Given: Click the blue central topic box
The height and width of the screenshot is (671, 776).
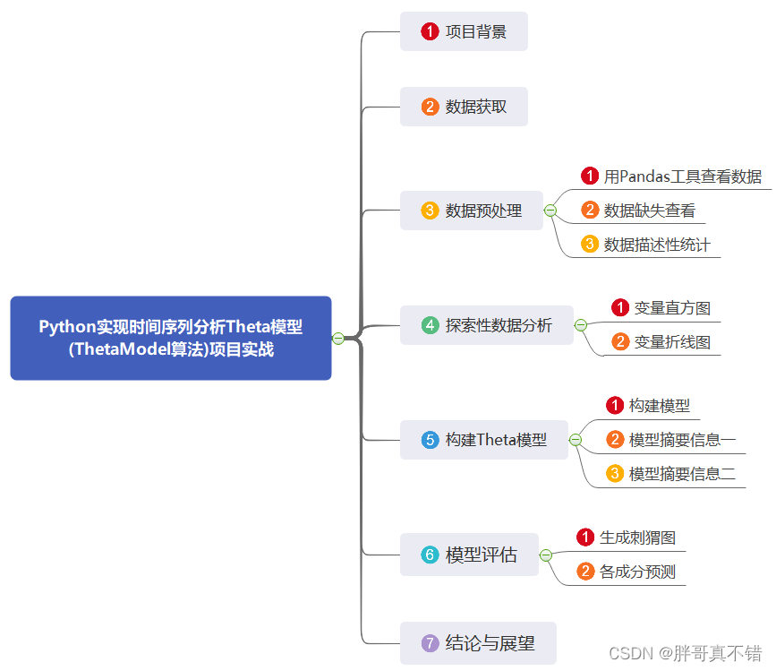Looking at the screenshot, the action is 170,338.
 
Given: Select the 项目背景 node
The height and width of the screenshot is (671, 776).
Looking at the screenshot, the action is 464,31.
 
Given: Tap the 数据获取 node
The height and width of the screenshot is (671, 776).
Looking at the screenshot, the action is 464,107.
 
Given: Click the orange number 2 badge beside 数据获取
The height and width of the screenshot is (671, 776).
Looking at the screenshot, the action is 431,107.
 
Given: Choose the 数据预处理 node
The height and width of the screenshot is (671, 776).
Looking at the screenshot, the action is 471,211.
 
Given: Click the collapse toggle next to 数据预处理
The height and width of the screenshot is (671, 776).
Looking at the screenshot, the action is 550,211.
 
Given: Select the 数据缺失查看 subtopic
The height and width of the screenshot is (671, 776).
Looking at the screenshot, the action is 649,211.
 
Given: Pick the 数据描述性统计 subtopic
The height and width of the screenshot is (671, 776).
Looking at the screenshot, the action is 657,245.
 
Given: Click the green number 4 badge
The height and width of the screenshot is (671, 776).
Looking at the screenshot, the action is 431,325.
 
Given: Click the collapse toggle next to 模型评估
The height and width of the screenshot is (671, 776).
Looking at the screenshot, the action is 546,555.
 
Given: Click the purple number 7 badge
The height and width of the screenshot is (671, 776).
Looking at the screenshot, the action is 431,643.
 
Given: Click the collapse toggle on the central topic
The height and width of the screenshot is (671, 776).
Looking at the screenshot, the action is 338,338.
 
